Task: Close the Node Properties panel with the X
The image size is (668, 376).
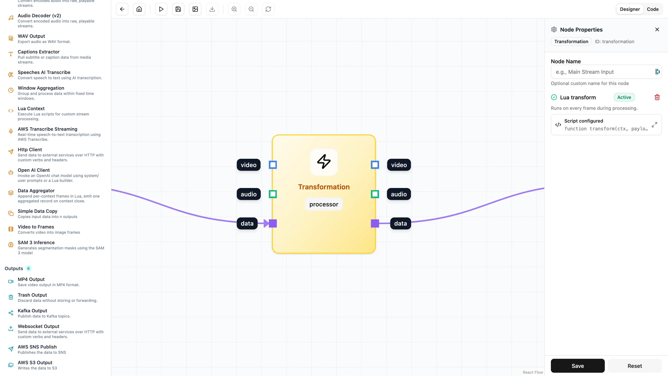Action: pyautogui.click(x=657, y=30)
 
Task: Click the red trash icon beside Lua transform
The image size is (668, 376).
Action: pyautogui.click(x=657, y=97)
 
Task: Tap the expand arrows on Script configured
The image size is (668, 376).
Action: pyautogui.click(x=654, y=125)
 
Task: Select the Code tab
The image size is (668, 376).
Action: pyautogui.click(x=653, y=9)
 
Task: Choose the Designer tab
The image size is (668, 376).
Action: pyautogui.click(x=630, y=9)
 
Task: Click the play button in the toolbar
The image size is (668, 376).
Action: pyautogui.click(x=161, y=9)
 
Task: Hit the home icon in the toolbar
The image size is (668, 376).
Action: pyautogui.click(x=139, y=9)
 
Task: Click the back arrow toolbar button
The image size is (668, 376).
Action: pyautogui.click(x=122, y=9)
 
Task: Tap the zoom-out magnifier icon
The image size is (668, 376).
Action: pyautogui.click(x=251, y=9)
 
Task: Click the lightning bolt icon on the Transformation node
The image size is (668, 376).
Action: pyautogui.click(x=324, y=161)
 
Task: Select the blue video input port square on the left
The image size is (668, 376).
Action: pyautogui.click(x=273, y=165)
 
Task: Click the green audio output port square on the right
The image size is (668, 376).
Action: pyautogui.click(x=375, y=194)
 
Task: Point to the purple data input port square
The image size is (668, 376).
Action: pyautogui.click(x=273, y=223)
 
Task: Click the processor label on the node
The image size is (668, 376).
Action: pyautogui.click(x=324, y=204)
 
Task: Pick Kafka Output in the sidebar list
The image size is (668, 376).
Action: pyautogui.click(x=32, y=311)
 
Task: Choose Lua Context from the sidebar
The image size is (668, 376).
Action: pyautogui.click(x=31, y=109)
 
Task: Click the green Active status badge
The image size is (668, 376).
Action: pyautogui.click(x=624, y=97)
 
